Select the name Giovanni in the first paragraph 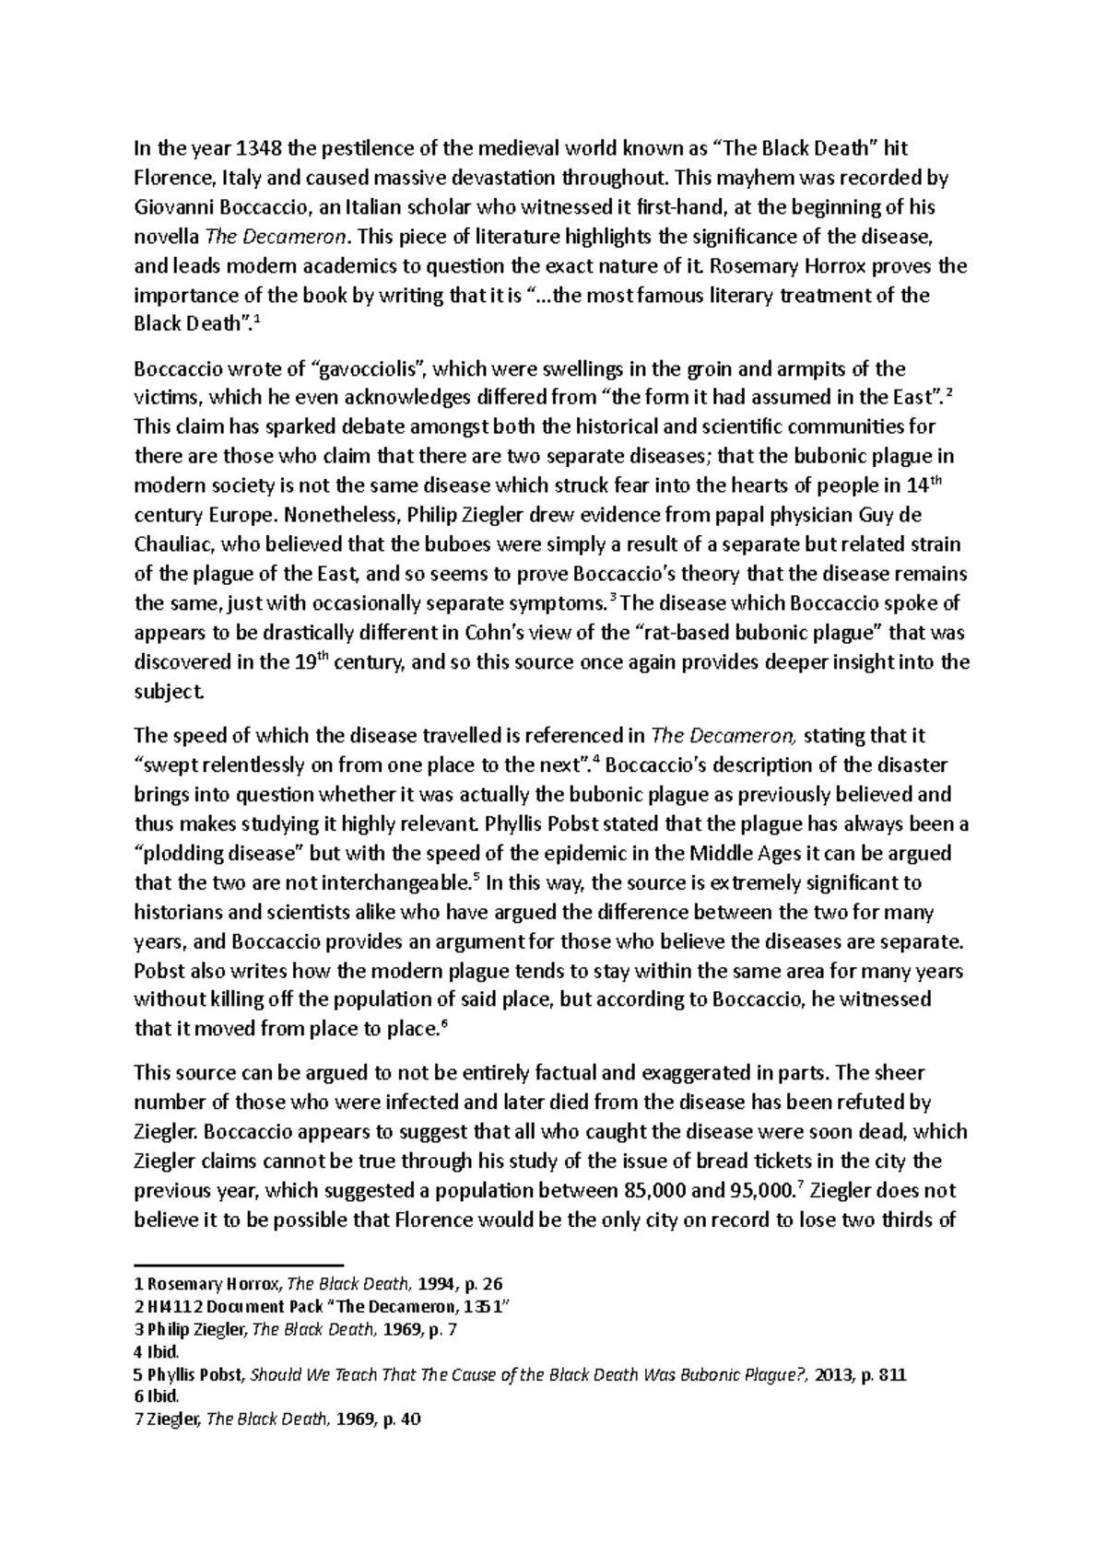(172, 208)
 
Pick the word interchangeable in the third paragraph (395, 882)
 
